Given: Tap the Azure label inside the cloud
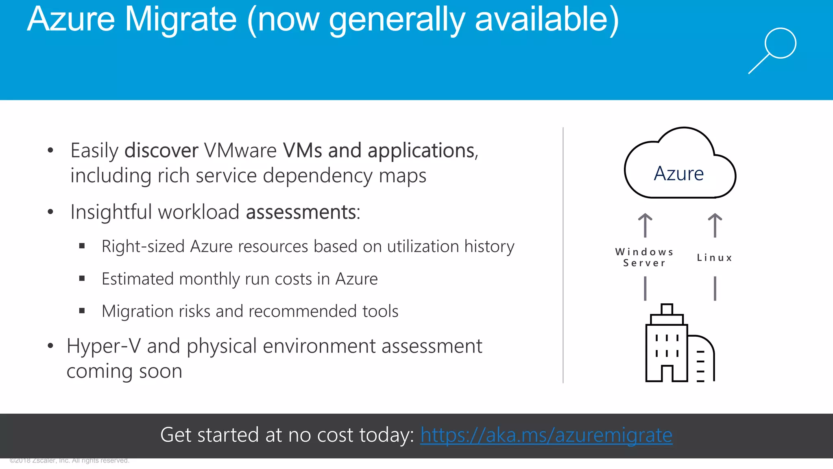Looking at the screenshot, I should tap(679, 174).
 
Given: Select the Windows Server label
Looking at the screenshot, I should tap(644, 257).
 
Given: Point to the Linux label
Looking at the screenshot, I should tap(715, 258).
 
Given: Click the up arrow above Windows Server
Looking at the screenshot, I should tap(645, 225).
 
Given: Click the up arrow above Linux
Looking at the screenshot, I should tap(715, 225).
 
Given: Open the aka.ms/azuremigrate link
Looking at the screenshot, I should tap(546, 435).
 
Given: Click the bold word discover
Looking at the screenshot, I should tap(161, 151).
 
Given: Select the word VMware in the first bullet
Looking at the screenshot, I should tap(240, 151).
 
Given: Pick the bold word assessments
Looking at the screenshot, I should tap(301, 212).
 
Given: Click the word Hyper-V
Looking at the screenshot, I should tap(104, 346).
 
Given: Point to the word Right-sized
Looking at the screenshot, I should tap(143, 247).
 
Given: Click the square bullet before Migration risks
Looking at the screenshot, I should tap(82, 311).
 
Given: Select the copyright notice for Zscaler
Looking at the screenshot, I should tap(69, 460).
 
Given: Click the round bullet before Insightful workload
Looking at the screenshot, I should tap(50, 212).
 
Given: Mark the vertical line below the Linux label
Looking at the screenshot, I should tap(715, 289).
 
